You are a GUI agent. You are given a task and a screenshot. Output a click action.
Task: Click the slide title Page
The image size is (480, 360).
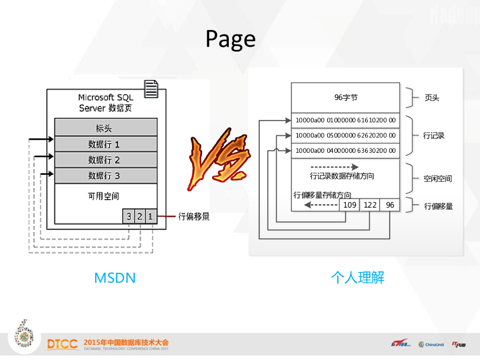[231, 39]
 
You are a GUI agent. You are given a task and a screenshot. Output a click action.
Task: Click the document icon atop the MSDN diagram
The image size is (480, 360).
[151, 89]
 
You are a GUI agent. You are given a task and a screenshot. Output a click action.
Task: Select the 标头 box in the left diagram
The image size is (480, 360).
[105, 127]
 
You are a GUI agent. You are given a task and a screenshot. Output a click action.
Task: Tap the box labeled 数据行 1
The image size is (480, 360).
[105, 144]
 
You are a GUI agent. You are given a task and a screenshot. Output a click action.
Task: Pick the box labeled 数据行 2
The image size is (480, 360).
[105, 160]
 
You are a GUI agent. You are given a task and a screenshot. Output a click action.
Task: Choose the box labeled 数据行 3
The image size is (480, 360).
[105, 176]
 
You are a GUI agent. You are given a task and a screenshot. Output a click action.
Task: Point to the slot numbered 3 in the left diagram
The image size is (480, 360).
[128, 216]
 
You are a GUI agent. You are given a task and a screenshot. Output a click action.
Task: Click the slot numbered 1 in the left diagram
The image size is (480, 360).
[150, 216]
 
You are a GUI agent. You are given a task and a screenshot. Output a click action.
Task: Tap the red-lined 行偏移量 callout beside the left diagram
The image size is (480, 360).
[194, 216]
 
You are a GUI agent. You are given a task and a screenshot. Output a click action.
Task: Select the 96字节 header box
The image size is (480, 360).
[345, 97]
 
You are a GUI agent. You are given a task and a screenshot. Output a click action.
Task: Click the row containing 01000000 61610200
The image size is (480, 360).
[345, 120]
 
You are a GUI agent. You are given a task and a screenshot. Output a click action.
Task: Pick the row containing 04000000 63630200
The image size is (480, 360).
[345, 151]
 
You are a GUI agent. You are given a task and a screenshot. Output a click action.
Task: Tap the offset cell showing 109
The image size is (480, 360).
[350, 205]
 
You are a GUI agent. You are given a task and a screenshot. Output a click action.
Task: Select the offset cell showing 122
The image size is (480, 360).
[370, 205]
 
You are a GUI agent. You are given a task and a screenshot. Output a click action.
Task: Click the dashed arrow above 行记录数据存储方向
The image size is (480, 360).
[334, 167]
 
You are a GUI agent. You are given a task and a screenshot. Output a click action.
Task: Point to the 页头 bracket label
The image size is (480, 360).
[432, 98]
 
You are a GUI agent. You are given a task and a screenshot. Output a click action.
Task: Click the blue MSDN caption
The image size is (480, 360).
[115, 278]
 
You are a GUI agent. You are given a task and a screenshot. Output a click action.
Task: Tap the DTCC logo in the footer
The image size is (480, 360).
[62, 344]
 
